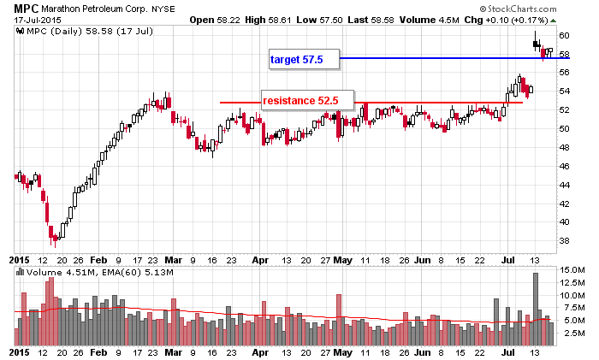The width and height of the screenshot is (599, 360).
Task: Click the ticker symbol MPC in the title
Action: point(27,7)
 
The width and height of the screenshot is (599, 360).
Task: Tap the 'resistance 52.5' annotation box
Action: point(300,101)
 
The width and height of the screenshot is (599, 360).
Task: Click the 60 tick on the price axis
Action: point(565,35)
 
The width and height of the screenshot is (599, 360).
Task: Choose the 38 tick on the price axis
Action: point(565,240)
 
